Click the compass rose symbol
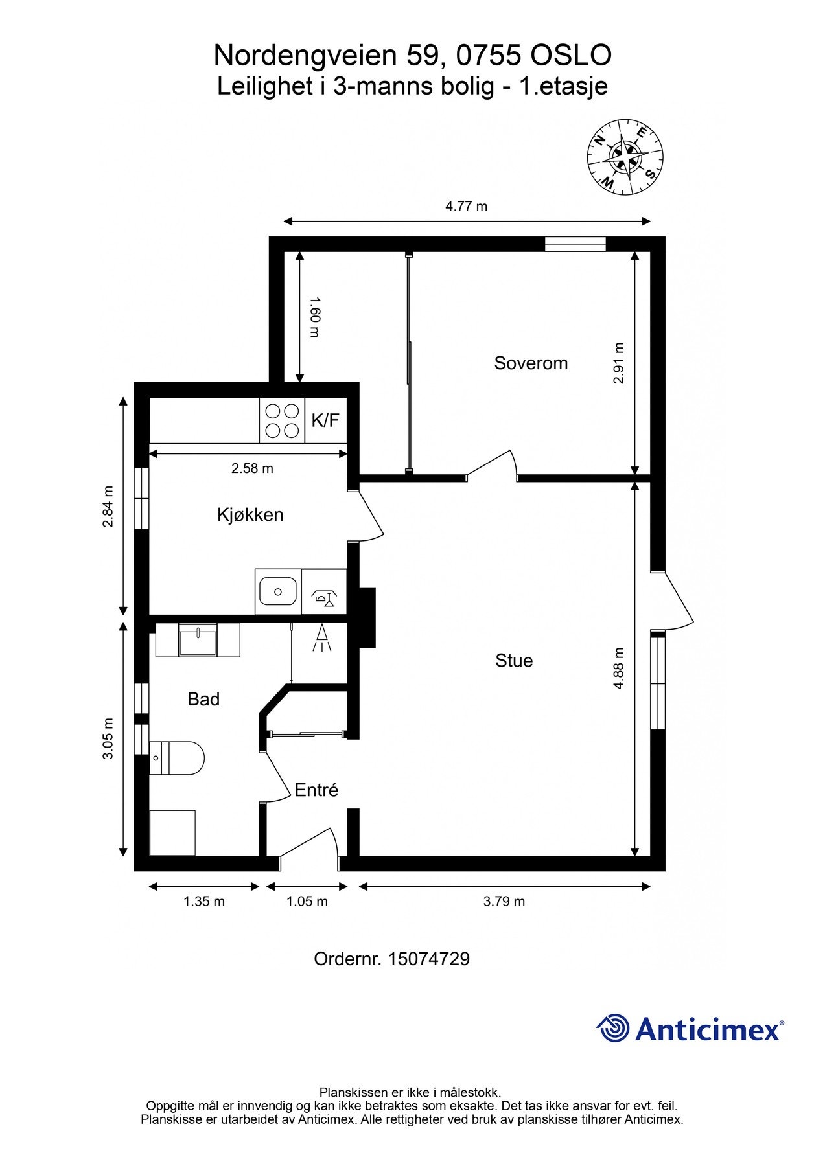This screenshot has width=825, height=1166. click(625, 156)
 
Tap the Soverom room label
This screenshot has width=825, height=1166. click(531, 363)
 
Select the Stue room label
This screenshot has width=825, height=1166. click(514, 661)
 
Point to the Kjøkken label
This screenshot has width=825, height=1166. click(250, 515)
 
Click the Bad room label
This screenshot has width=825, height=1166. click(203, 699)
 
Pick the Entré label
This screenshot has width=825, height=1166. click(316, 790)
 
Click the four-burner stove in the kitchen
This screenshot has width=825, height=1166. click(283, 421)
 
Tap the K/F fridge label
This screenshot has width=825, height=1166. click(325, 420)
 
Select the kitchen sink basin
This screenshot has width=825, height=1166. click(278, 591)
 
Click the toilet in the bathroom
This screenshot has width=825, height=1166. click(177, 758)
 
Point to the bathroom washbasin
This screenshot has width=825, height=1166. click(198, 640)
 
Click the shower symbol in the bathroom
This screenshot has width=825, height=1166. click(322, 638)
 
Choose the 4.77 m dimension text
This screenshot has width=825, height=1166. click(466, 207)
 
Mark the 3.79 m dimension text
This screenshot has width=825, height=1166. click(504, 901)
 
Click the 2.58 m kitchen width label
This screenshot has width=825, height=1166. click(252, 468)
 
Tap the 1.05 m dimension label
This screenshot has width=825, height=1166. click(307, 901)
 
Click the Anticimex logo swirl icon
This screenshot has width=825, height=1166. click(613, 1028)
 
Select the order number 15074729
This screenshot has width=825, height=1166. click(428, 959)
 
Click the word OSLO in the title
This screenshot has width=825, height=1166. click(571, 56)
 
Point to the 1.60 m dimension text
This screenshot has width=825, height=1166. click(314, 317)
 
